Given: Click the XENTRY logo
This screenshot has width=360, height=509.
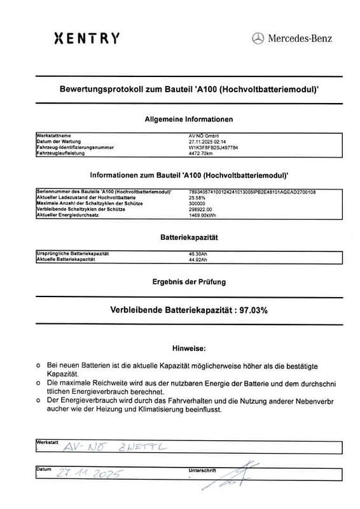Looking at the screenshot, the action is point(87,38).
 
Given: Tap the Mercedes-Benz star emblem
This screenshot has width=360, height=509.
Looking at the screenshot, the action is point(258,39).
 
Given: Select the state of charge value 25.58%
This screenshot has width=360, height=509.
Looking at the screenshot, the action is point(198,197).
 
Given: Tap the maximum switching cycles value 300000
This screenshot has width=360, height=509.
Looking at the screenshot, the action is point(198,203).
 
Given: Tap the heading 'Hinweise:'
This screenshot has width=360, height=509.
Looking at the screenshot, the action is point(189,349).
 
